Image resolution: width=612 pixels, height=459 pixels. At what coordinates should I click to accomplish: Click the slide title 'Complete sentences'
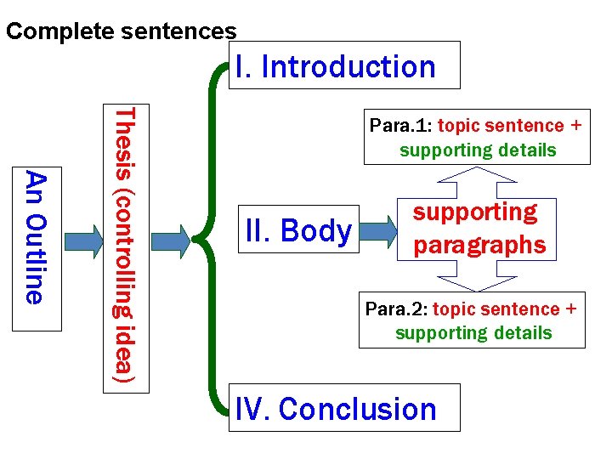point(121,32)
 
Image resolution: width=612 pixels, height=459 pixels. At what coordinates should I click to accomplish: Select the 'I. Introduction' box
point(345,65)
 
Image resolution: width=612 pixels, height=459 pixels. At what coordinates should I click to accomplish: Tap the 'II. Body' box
point(297,230)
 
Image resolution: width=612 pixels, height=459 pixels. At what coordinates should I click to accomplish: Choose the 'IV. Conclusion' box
point(344,408)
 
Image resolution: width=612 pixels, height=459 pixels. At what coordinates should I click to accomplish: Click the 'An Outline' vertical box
point(35,237)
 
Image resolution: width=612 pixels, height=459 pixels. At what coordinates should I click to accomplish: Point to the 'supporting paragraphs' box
point(479,229)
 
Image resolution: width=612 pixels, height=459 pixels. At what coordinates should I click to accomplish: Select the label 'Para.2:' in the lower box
point(395,309)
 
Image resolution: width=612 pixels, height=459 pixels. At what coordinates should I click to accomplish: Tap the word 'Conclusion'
point(357,408)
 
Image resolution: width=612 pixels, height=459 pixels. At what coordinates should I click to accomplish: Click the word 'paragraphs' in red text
point(479,245)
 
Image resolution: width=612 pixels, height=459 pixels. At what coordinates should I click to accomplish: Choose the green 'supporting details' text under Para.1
point(478,150)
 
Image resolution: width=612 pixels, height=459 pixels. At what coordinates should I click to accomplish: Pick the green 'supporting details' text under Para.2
point(473,333)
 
